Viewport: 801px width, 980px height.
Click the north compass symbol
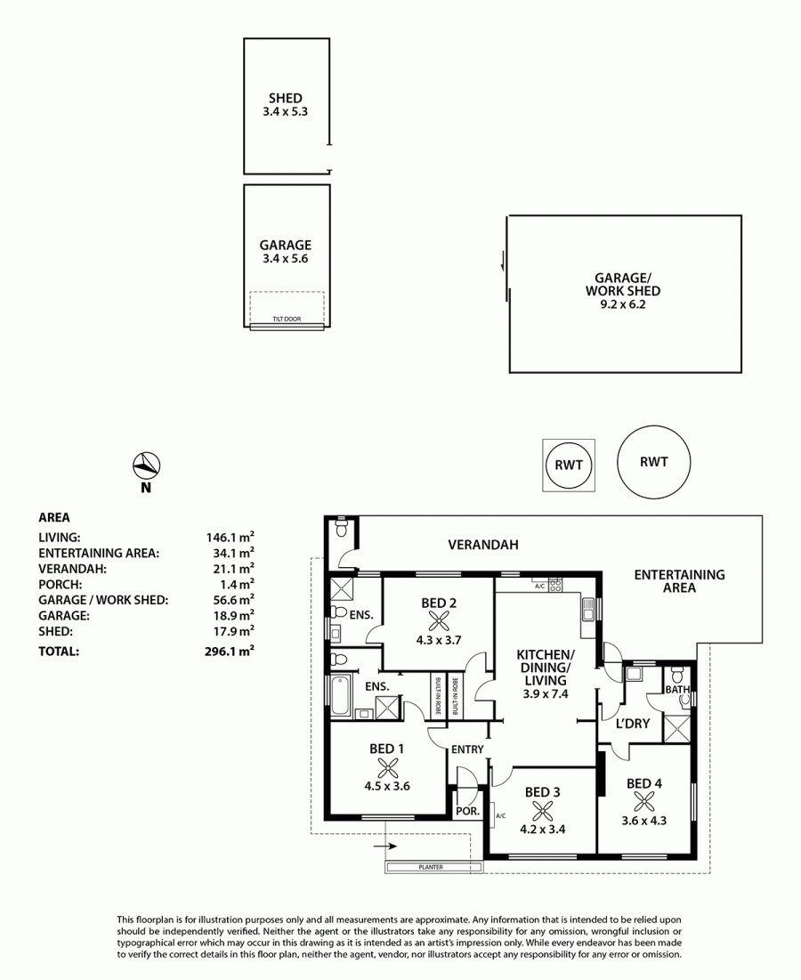tap(146, 465)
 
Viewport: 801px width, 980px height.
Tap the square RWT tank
tap(569, 465)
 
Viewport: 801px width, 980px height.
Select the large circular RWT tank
tap(653, 462)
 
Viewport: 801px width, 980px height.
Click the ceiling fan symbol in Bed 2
tap(439, 621)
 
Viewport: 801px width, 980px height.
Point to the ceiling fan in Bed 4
tap(643, 802)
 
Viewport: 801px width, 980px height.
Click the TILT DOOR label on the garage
tap(287, 319)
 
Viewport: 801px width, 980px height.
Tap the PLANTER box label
tap(431, 867)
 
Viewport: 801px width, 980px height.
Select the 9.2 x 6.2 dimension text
tap(623, 304)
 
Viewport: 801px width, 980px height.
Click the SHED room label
tap(286, 98)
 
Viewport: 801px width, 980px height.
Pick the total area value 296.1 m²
tap(230, 651)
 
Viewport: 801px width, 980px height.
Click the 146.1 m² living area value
tap(230, 536)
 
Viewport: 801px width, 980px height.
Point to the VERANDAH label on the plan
tap(483, 545)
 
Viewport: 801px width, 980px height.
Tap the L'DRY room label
tap(633, 723)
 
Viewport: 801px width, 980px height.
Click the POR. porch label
tap(467, 811)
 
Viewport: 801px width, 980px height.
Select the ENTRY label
tap(467, 749)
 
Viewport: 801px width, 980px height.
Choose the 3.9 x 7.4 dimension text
tap(546, 693)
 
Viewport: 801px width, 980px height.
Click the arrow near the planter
tap(385, 846)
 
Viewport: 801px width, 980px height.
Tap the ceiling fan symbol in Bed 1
tap(388, 767)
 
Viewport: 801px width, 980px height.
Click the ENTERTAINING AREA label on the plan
tap(679, 580)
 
